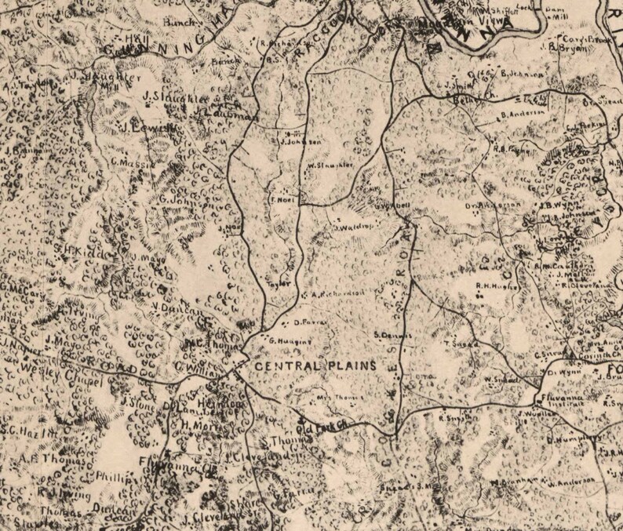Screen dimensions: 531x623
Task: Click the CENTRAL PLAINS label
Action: [x=314, y=366]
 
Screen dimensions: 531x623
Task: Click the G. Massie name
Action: [x=126, y=162]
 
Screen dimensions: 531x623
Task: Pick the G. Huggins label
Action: [x=286, y=340]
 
